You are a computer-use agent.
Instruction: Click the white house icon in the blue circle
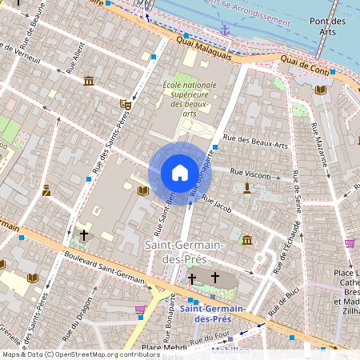coord(179,173)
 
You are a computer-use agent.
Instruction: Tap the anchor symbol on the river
coord(225,30)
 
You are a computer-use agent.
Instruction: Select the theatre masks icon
coord(125,104)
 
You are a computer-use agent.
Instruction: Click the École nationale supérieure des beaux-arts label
coord(189,99)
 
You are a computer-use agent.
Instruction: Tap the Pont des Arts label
coord(326,27)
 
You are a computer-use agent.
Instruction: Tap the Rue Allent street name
coord(75,59)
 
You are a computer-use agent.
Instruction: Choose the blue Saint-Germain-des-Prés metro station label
coord(212,314)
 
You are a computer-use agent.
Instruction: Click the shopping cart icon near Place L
coord(350,242)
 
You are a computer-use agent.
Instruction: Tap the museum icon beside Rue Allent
coord(88,80)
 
